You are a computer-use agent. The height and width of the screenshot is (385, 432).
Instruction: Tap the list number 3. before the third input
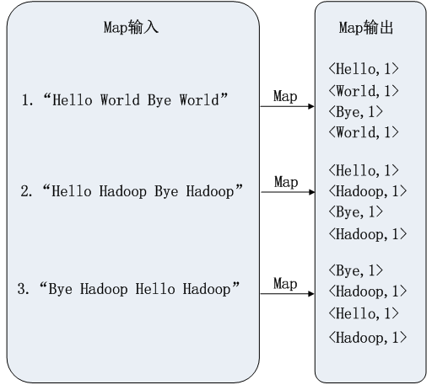(x=24, y=290)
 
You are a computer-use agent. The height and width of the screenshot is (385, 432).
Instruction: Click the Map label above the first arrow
(x=286, y=96)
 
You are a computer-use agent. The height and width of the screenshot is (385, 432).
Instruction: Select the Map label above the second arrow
(x=286, y=182)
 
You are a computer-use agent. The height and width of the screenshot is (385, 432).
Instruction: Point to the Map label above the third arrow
(x=286, y=284)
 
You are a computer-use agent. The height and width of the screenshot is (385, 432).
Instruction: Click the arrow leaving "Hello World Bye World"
(x=286, y=108)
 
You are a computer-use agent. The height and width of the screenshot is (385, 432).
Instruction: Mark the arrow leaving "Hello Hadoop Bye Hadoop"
(x=286, y=193)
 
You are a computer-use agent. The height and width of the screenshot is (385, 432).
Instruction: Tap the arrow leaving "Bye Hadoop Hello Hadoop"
(x=286, y=296)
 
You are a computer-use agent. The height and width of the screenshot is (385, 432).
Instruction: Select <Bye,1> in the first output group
(x=356, y=111)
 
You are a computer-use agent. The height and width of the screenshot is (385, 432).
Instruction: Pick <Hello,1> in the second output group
(x=363, y=171)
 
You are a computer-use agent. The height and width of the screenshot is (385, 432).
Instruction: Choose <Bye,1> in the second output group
(x=356, y=211)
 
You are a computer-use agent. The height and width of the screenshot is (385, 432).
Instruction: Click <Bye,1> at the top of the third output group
(x=356, y=270)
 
